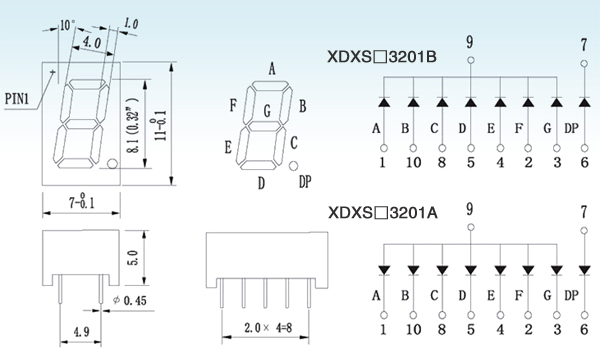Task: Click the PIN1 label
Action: click(17, 99)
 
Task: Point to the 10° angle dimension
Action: click(67, 25)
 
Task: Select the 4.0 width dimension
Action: click(92, 42)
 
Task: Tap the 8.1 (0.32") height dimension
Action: click(133, 125)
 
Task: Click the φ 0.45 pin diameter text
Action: click(130, 301)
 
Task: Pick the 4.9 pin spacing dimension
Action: click(81, 331)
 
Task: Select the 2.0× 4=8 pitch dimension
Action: click(268, 327)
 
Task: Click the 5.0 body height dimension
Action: click(132, 257)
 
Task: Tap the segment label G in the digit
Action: click(267, 111)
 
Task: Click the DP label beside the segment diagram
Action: click(305, 182)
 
